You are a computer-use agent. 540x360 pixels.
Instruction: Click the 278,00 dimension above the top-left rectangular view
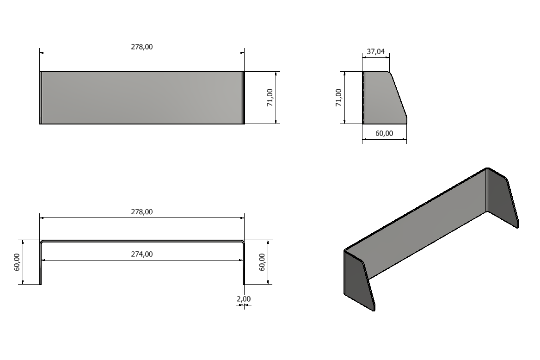[x=142, y=47]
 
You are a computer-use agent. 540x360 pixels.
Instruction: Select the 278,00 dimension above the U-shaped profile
[x=142, y=212]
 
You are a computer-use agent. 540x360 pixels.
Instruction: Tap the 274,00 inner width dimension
[x=142, y=254]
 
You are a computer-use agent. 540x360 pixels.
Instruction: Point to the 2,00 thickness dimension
[x=244, y=299]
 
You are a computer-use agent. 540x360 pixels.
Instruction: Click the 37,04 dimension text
[x=375, y=51]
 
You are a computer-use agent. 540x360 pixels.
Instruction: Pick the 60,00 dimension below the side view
[x=384, y=133]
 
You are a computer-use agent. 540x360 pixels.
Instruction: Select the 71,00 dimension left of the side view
[x=338, y=98]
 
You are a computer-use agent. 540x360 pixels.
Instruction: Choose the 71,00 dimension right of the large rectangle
[x=270, y=98]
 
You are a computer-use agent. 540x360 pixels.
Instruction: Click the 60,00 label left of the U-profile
[x=17, y=262]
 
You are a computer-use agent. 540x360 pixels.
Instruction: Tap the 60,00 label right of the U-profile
[x=262, y=262]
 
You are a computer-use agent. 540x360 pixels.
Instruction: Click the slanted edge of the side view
[x=399, y=95]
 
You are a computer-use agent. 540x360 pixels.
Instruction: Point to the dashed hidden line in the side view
[x=364, y=98]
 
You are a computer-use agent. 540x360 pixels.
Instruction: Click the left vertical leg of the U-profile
[x=41, y=264]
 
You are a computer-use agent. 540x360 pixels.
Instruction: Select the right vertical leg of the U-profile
[x=243, y=264]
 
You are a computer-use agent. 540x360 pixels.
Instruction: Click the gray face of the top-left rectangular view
[x=142, y=98]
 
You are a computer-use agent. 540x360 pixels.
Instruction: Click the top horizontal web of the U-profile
[x=142, y=241]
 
